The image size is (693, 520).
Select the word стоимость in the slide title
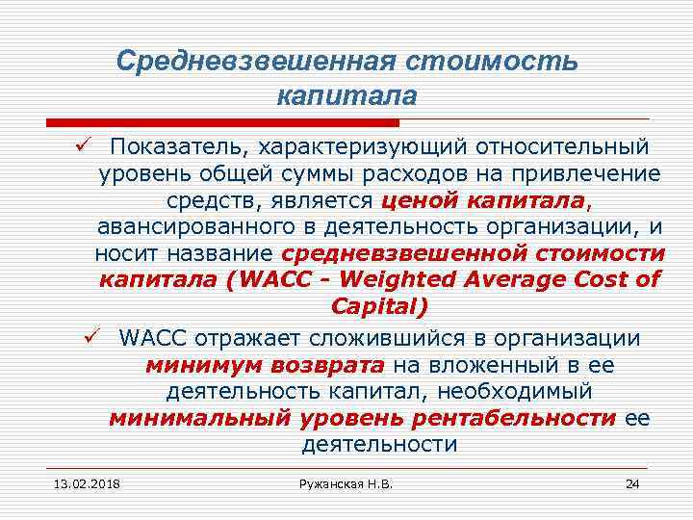[x=494, y=62]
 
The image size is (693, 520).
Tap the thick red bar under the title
[x=222, y=123]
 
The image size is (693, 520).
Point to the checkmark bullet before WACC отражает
[x=92, y=338]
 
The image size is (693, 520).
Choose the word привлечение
[x=591, y=174]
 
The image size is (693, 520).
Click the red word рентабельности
[x=513, y=419]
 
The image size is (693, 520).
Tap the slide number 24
[x=632, y=482]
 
